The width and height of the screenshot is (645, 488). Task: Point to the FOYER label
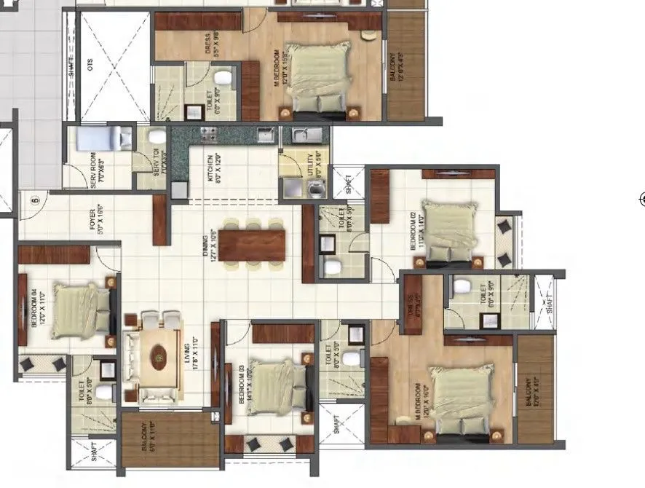92,221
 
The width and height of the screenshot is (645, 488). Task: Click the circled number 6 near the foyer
33,198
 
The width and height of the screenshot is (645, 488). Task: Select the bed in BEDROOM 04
82,311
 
